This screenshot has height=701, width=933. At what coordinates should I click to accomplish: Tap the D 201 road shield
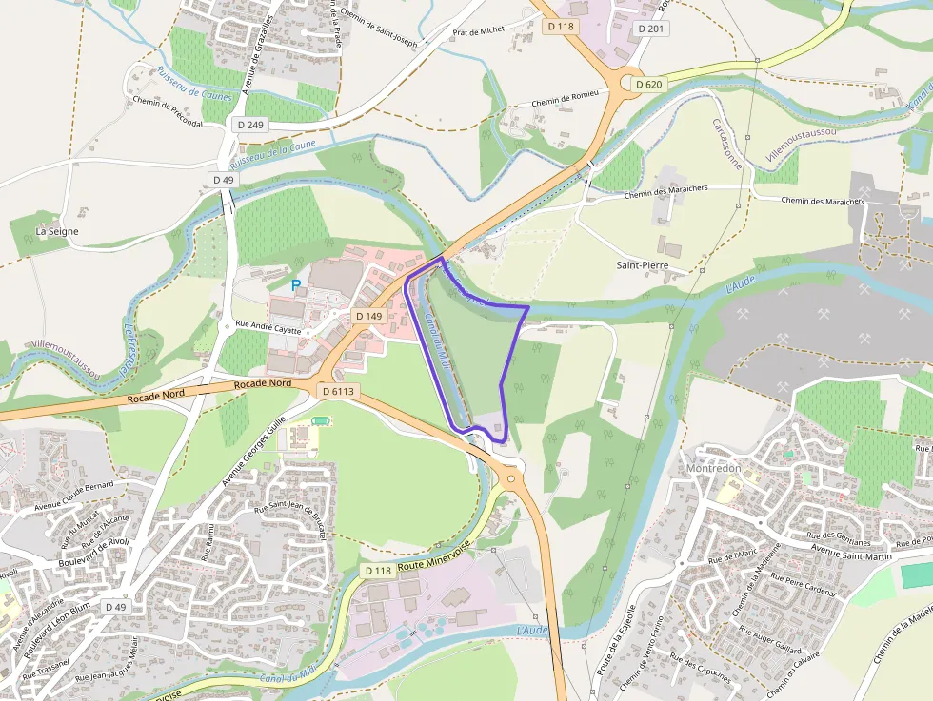point(650,29)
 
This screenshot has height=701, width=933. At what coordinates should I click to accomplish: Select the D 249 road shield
point(251,125)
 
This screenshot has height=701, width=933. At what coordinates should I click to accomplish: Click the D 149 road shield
point(368,316)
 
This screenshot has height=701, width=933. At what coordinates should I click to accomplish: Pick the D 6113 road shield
point(338,390)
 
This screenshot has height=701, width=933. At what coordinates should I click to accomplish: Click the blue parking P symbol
point(296,284)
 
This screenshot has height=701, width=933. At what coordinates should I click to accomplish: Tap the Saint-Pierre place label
point(641,265)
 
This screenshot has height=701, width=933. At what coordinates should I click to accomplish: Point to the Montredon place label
point(713,469)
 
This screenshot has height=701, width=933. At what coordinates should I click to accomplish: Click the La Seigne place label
point(57,231)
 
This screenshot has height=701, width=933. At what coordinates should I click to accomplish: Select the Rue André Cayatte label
point(268,331)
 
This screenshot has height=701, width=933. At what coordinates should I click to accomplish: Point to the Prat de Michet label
point(478,31)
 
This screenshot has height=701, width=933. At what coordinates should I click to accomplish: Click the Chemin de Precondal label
point(168,111)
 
